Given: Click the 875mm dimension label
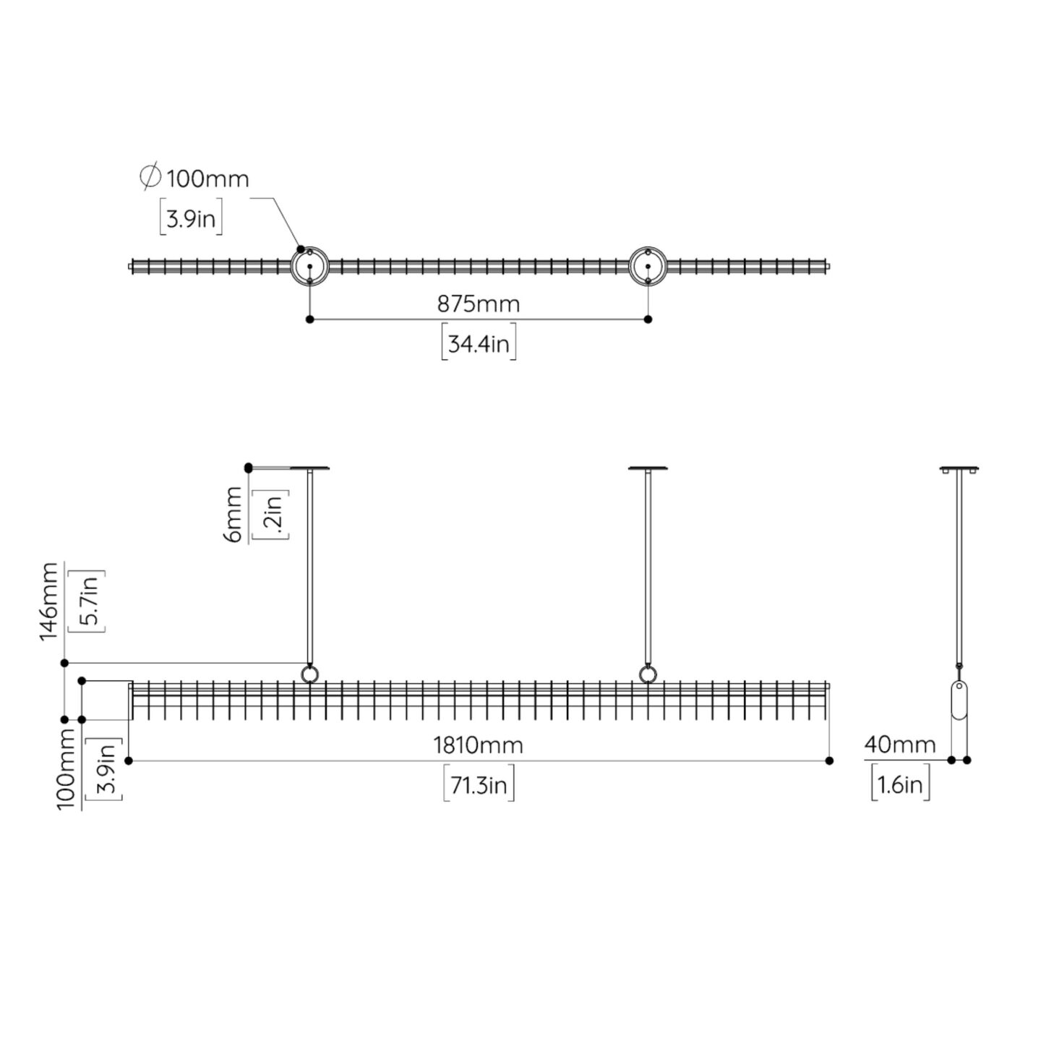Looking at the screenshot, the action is coord(478,304).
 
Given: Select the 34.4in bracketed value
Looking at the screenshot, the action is coord(479,343).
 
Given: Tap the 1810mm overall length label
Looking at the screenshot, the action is coord(478,745).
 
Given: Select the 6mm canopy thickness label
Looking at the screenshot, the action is coord(233,514).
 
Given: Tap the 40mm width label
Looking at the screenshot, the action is coord(900,745).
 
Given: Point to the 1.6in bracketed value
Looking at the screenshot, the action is coord(901,784).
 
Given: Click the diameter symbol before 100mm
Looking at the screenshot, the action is coord(150,176).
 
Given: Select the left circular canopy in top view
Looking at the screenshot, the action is coord(309,266).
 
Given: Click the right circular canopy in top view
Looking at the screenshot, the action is coord(648,266).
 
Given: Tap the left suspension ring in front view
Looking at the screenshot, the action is coord(309,674).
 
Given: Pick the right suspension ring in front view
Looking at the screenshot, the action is coord(648,674).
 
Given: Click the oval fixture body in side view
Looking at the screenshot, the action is coord(959,701).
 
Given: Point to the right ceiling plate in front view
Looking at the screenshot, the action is coord(648,468).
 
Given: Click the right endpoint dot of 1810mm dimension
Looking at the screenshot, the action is coord(829,761).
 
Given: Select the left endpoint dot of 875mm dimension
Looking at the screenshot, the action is coord(309,320).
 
